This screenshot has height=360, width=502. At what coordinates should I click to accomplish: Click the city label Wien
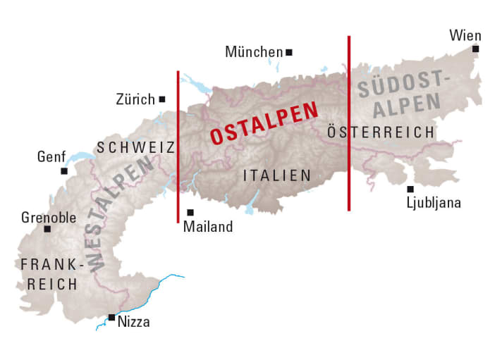pyautogui.click(x=465, y=35)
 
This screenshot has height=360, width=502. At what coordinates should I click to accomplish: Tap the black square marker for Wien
pyautogui.click(x=476, y=49)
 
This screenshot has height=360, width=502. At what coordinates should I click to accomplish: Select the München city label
pyautogui.click(x=253, y=52)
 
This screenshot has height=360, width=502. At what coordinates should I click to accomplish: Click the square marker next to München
pyautogui.click(x=289, y=51)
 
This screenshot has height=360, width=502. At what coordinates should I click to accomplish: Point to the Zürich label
pyautogui.click(x=135, y=99)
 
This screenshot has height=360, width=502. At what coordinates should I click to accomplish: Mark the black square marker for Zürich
pyautogui.click(x=162, y=99)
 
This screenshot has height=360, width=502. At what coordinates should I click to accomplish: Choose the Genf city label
pyautogui.click(x=51, y=156)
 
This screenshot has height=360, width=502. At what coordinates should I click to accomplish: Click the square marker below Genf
pyautogui.click(x=64, y=170)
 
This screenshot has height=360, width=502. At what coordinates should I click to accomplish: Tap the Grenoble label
pyautogui.click(x=49, y=217)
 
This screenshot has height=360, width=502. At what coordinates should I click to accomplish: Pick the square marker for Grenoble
pyautogui.click(x=47, y=229)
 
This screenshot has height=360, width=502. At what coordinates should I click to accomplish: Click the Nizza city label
pyautogui.click(x=134, y=323)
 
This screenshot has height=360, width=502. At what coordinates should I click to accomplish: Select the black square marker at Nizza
pyautogui.click(x=111, y=318)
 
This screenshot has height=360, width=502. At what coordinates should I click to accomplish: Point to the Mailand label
pyautogui.click(x=207, y=227)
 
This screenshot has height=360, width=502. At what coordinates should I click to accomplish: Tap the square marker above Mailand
pyautogui.click(x=190, y=212)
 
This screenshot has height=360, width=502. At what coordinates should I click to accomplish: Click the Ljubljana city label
pyautogui.click(x=434, y=203)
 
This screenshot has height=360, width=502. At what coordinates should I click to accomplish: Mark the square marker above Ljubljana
pyautogui.click(x=410, y=189)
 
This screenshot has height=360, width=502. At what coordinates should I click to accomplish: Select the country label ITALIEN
pyautogui.click(x=276, y=175)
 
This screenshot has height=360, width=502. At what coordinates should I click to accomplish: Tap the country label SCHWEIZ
pyautogui.click(x=135, y=147)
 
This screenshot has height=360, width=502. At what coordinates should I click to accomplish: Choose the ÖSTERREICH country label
pyautogui.click(x=381, y=132)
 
